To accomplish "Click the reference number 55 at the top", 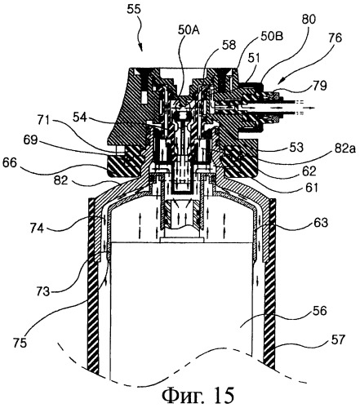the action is (134, 9).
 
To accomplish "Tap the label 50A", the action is (189, 30).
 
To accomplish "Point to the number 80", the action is (309, 20).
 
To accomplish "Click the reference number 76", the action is (335, 38).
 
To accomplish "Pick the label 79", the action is (319, 86).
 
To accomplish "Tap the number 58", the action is (229, 45).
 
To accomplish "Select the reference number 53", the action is (296, 148).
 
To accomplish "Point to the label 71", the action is (45, 119).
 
